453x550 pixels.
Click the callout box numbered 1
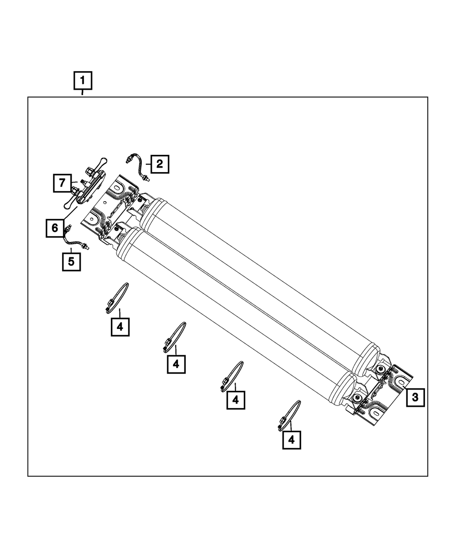(83, 80)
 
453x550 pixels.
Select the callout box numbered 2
(159, 164)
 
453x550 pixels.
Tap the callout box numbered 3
(415, 397)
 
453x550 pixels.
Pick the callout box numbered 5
(72, 262)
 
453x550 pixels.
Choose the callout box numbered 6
(55, 228)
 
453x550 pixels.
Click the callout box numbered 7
(62, 183)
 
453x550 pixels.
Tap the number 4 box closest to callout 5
(120, 327)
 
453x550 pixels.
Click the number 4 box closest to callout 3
(292, 440)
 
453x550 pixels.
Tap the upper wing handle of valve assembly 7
(101, 162)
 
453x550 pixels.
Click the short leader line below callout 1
(82, 92)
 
